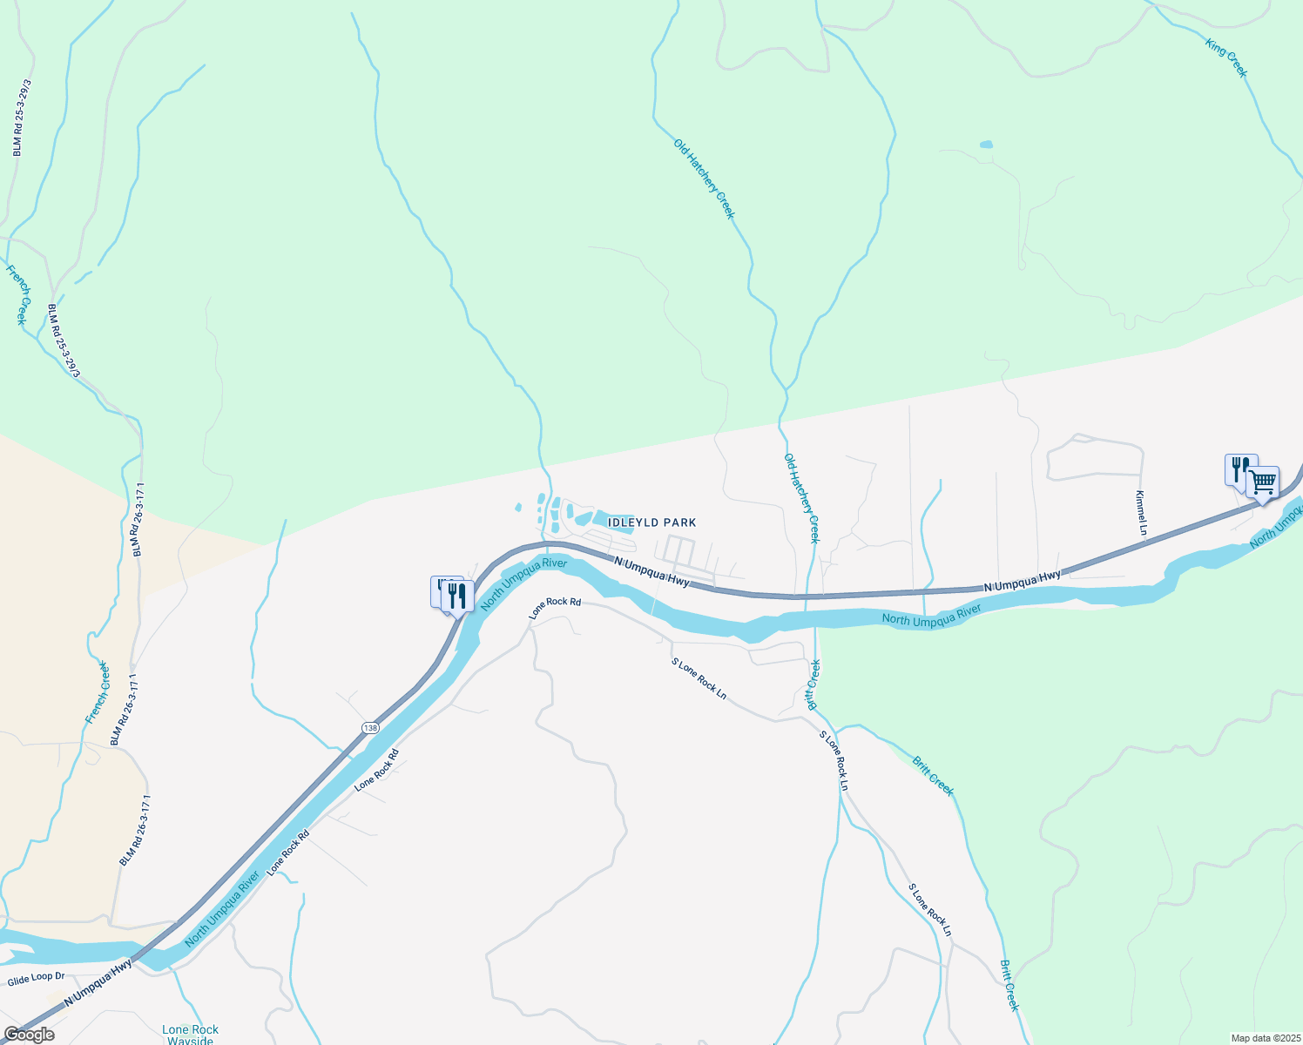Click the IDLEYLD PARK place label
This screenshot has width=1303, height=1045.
[651, 522]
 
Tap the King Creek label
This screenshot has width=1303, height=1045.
[1226, 57]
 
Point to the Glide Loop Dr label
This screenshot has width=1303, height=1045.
[36, 977]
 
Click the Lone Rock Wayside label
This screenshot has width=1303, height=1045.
[190, 1035]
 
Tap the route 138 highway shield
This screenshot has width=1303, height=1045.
[371, 727]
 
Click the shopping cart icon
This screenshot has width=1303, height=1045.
[1262, 482]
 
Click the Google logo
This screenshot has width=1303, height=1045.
[29, 1035]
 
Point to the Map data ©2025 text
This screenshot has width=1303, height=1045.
[1264, 1038]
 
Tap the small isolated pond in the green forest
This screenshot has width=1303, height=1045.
[986, 145]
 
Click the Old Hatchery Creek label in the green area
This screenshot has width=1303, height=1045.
[704, 179]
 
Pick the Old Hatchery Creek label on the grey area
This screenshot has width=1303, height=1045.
[802, 498]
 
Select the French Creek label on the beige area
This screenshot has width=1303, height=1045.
[98, 693]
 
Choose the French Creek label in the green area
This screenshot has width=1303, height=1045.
[17, 295]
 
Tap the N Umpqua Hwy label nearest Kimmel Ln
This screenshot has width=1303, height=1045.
[1023, 582]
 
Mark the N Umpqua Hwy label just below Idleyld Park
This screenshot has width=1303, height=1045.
[651, 572]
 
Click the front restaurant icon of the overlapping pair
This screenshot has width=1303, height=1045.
[457, 597]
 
